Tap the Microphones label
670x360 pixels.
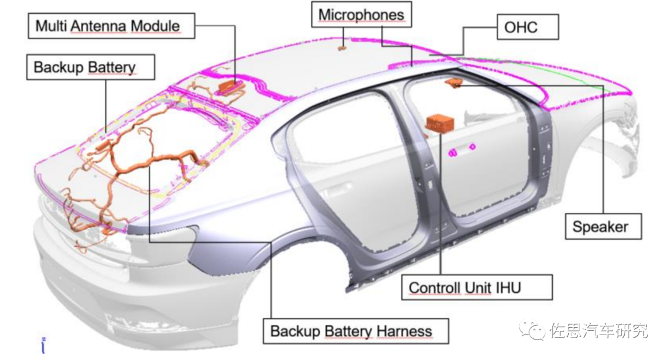(360, 15)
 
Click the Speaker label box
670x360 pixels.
(601, 227)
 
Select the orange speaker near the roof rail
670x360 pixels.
(453, 83)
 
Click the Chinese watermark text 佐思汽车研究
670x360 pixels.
(599, 331)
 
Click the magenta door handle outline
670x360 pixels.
(463, 149)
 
